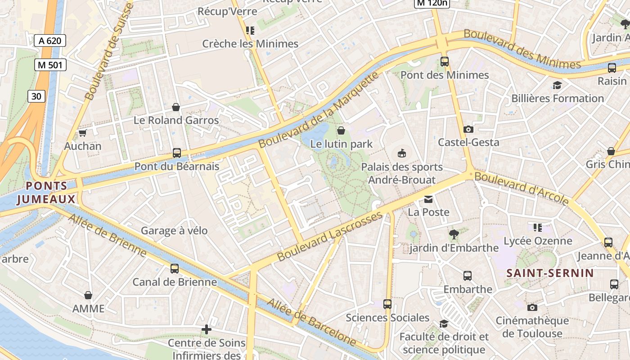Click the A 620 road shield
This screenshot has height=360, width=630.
50,40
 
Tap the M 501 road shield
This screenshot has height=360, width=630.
50,65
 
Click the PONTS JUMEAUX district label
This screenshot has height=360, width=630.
46,193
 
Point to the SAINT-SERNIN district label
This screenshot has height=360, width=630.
550,273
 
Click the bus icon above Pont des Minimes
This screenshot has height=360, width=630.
445,62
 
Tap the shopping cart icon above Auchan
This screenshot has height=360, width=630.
82,133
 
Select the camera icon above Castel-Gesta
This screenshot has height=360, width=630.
468,129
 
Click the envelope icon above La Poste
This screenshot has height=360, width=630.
428,199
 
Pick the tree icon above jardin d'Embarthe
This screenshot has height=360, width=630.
454,234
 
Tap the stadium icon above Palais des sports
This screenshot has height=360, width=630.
402,153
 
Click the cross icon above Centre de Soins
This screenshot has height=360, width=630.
207,330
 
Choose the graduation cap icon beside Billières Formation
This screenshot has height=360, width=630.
557,85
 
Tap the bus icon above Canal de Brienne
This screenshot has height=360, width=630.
175,269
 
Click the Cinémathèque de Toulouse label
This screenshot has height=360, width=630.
532,327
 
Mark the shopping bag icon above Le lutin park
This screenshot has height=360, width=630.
341,130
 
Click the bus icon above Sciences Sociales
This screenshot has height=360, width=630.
387,304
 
